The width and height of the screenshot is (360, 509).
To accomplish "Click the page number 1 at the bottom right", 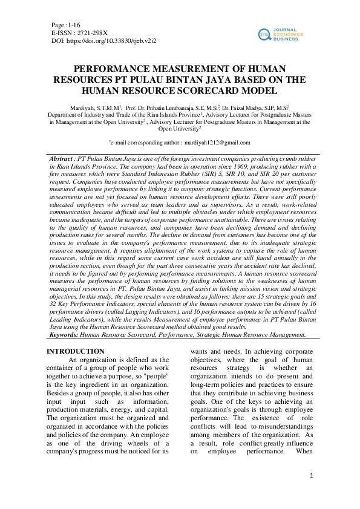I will (310, 477).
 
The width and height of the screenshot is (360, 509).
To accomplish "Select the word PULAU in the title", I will (160, 80).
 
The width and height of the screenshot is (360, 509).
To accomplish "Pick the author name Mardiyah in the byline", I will (87, 106).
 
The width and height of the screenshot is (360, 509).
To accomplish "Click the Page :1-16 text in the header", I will (68, 24).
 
